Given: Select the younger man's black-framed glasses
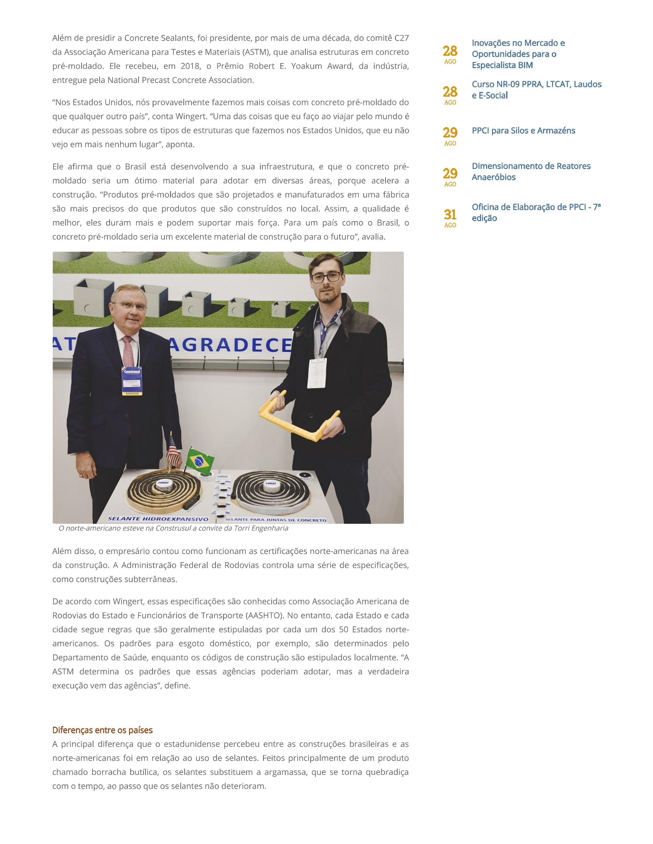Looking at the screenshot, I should tap(326, 277).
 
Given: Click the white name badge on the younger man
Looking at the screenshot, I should tap(317, 373).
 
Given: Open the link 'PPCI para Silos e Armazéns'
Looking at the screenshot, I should tap(523, 131).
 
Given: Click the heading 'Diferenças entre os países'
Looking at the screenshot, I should tap(102, 730).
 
